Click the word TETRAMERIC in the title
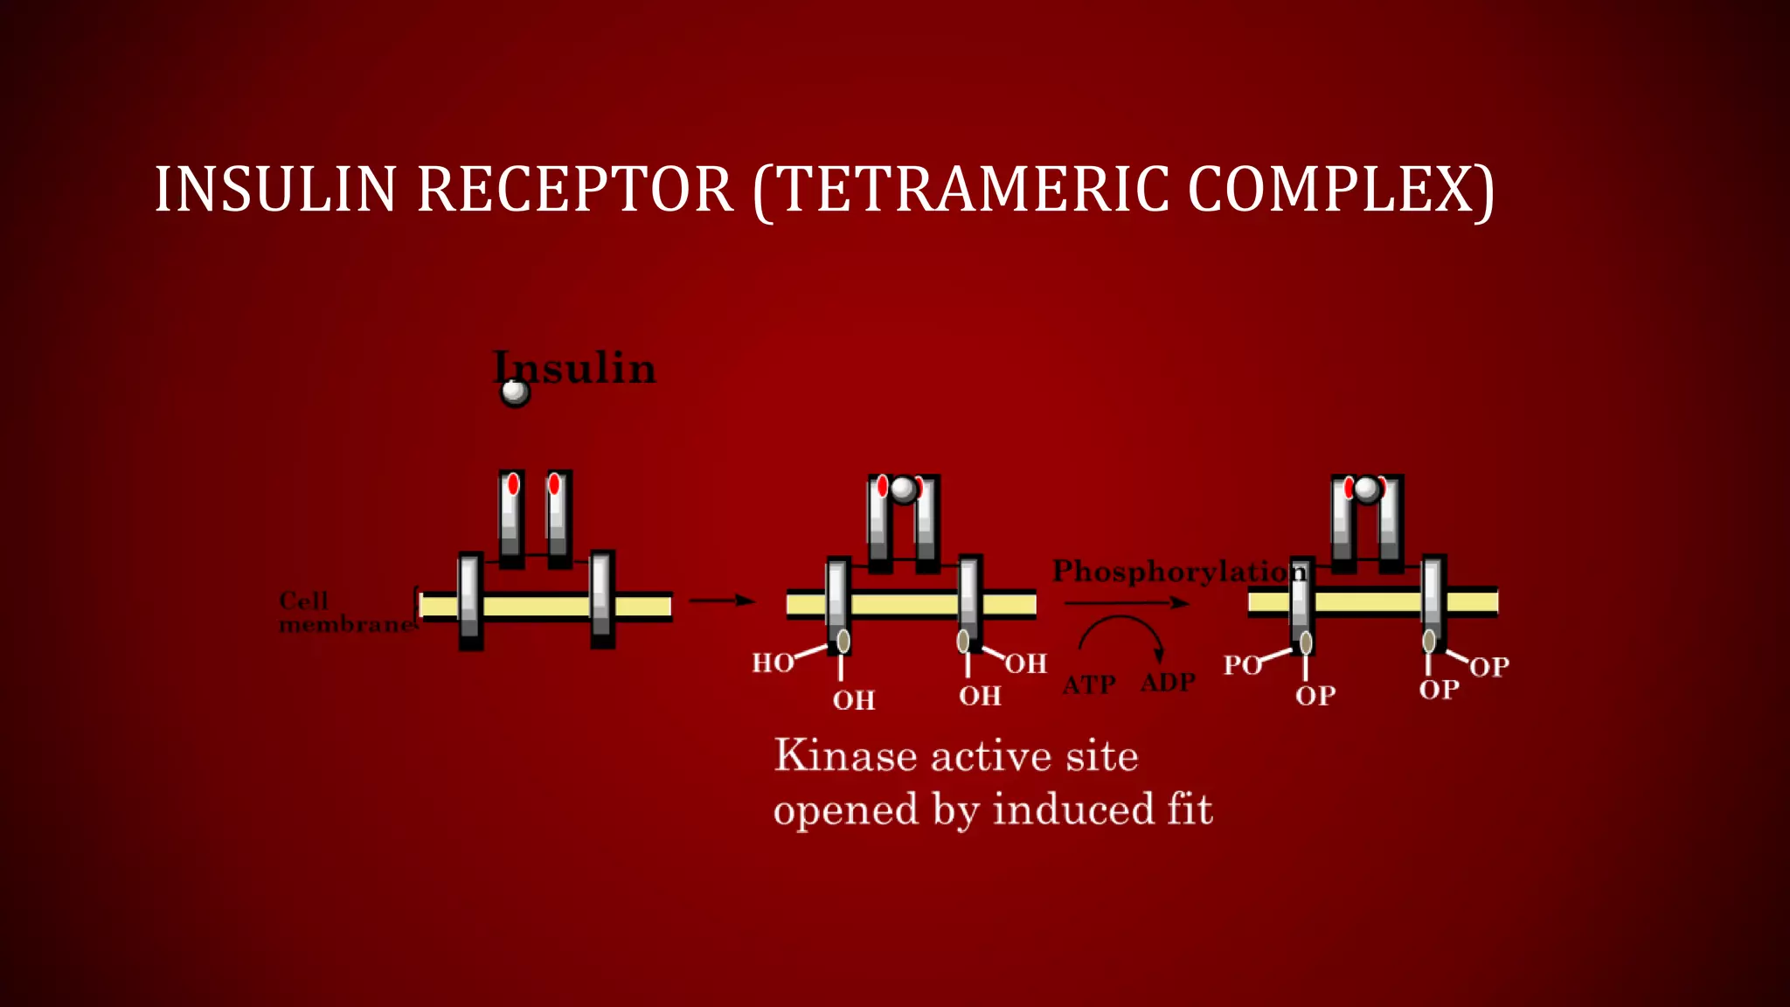pyautogui.click(x=970, y=190)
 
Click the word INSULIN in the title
pyautogui.click(x=275, y=190)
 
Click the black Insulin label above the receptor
pyautogui.click(x=575, y=368)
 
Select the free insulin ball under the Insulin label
pyautogui.click(x=515, y=392)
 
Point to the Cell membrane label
pyautogui.click(x=345, y=613)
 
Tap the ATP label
pyautogui.click(x=1089, y=684)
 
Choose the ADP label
pyautogui.click(x=1168, y=683)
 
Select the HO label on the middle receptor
pyautogui.click(x=773, y=663)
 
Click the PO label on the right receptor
pyautogui.click(x=1242, y=666)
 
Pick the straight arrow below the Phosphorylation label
pyautogui.click(x=1127, y=603)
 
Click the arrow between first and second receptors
pyautogui.click(x=721, y=601)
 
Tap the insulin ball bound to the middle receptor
pyautogui.click(x=904, y=489)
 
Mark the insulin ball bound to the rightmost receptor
pyautogui.click(x=1367, y=489)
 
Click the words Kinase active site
pyautogui.click(x=956, y=756)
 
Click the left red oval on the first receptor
pyautogui.click(x=513, y=484)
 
